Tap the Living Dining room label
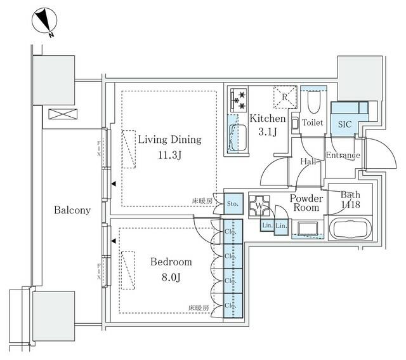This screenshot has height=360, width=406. (x=169, y=140)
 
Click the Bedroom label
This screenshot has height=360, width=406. (x=171, y=262)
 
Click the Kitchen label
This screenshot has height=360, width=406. (x=267, y=119)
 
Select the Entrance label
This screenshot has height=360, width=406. (x=343, y=156)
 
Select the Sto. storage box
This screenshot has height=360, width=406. (x=233, y=204)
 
